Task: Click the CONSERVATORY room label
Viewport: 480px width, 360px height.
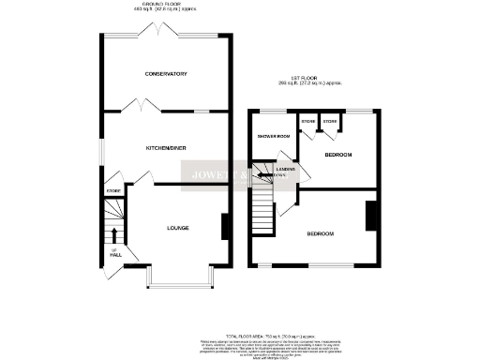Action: point(166,74)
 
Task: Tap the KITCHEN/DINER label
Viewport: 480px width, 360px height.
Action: point(166,149)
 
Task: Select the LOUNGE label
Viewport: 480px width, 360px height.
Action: point(179,227)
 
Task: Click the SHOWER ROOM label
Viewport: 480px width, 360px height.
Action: point(273,137)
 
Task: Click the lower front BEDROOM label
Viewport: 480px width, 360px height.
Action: point(321,232)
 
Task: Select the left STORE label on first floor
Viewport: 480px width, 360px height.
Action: point(307,122)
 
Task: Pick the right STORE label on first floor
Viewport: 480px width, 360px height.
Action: point(330,122)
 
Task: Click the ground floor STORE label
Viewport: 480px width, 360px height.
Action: point(113,191)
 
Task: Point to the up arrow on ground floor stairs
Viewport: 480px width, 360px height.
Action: point(114,234)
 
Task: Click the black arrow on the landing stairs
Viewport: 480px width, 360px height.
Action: point(266,174)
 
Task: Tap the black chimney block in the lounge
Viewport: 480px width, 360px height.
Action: point(224,228)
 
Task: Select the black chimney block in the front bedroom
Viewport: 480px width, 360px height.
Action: point(370,216)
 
